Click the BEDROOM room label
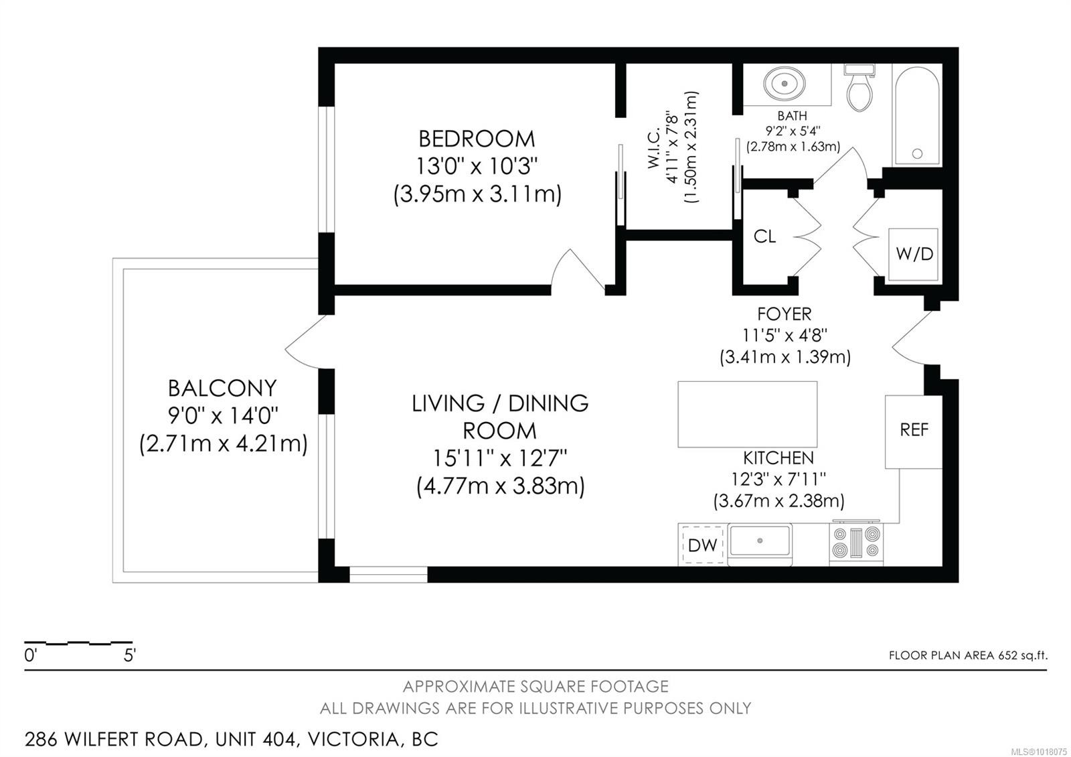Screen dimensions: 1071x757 point(477,139)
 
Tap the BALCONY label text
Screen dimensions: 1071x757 point(222,388)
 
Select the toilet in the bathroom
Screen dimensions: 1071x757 point(859,88)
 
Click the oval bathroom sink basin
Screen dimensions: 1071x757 point(785,84)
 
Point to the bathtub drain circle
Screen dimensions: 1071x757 point(917,153)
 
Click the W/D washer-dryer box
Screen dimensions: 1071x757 point(913,254)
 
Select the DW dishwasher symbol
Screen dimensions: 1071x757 point(702,545)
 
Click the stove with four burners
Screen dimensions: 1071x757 point(856,542)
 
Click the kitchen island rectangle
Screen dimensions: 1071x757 point(747,415)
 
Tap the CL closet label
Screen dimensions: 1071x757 point(764,236)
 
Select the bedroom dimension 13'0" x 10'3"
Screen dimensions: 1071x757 point(477,167)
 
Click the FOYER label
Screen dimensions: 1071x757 point(785,314)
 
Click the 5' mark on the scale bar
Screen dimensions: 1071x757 point(130,655)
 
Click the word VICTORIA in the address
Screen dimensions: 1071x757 point(354,740)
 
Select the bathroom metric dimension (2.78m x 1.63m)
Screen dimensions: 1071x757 point(793,147)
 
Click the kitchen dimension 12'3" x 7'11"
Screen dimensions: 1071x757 point(779,479)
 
